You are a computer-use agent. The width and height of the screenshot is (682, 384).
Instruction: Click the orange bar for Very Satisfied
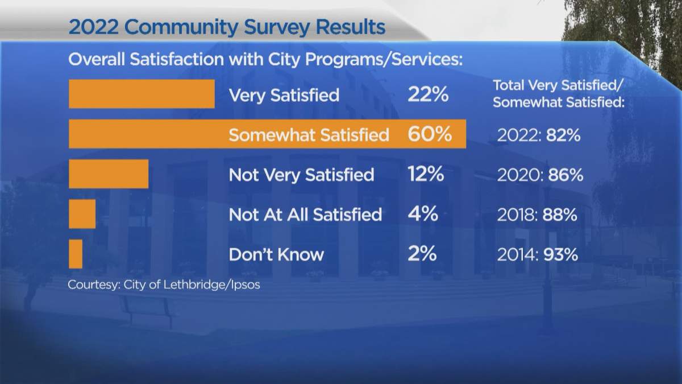142,94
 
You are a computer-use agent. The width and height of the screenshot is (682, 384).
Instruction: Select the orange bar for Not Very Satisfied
109,174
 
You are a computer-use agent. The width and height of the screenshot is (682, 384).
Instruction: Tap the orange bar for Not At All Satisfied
82,214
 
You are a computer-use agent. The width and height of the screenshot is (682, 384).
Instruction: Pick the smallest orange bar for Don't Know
76,254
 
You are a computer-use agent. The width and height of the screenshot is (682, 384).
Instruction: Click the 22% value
428,95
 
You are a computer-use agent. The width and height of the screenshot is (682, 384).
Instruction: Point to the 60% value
429,134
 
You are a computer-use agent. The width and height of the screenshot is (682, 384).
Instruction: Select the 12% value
426,174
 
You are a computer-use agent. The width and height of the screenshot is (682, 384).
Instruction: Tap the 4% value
422,214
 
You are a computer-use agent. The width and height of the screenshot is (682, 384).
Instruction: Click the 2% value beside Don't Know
422,254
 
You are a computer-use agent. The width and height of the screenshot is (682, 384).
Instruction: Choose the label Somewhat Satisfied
309,135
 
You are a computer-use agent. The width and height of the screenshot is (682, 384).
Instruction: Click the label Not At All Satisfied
305,214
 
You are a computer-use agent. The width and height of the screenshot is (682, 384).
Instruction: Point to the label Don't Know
276,254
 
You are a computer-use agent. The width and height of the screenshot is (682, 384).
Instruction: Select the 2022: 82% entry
538,135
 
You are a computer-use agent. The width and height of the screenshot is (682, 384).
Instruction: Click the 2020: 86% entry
539,175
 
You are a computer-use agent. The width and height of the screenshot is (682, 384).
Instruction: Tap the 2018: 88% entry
537,215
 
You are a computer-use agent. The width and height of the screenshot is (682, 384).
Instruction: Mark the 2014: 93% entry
537,255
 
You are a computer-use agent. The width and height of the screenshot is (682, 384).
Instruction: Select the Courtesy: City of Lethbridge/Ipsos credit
164,284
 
